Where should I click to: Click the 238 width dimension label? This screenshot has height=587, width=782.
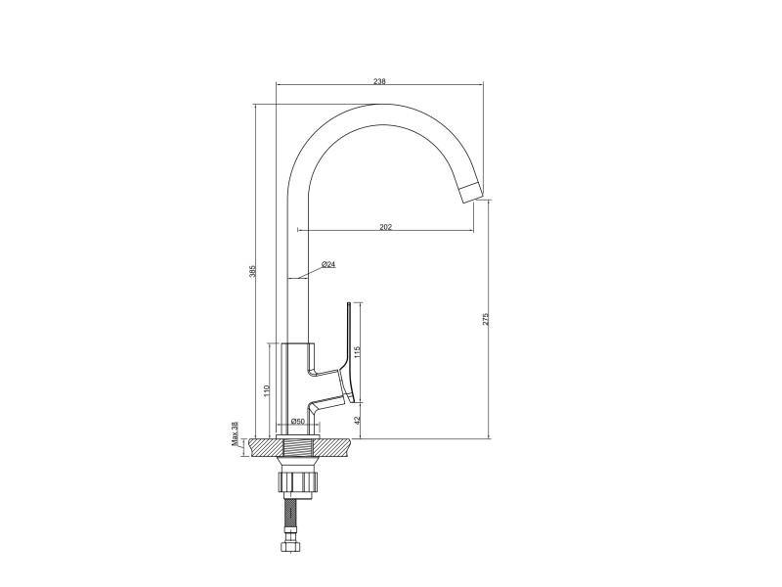379,80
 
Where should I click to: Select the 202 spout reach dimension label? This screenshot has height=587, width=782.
386,227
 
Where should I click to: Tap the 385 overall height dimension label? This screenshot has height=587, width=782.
252,271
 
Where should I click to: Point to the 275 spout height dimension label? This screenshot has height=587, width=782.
486,320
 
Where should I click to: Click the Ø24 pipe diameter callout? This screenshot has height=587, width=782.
328,264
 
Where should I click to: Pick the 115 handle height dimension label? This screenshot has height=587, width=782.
356,352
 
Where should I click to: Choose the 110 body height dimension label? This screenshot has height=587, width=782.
266,390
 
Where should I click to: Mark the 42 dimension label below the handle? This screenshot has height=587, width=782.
356,421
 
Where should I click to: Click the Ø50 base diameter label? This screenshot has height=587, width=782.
297,422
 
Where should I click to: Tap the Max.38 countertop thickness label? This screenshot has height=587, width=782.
235,433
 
